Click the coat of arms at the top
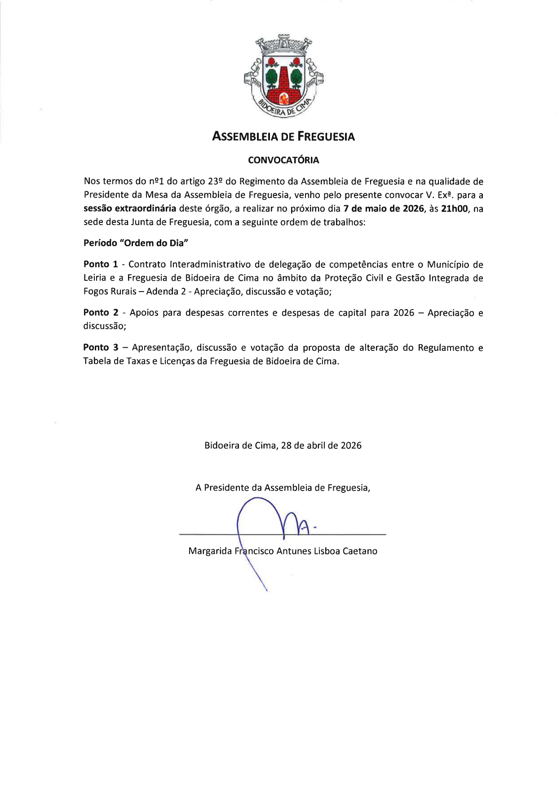[283, 76]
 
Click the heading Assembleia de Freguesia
[283, 137]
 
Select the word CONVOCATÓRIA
[283, 160]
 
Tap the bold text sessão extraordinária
[130, 208]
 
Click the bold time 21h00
[455, 208]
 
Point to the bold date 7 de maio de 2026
[384, 208]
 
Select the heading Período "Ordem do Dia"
[136, 243]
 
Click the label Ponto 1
[101, 264]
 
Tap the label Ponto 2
[101, 313]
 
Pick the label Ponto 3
[101, 348]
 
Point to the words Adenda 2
[166, 292]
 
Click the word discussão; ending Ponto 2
[105, 326]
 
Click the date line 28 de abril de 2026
[321, 446]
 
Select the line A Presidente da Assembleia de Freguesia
[283, 488]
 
